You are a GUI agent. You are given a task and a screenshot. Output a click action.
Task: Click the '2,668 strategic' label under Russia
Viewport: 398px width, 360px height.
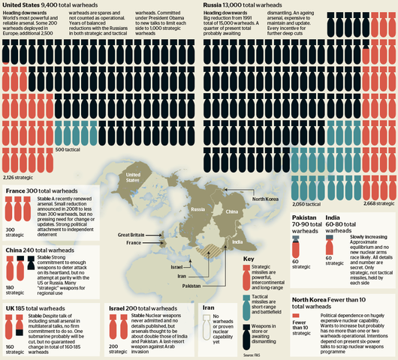(369, 203)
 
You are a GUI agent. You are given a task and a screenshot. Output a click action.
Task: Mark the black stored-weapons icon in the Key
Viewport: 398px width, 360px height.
(247, 333)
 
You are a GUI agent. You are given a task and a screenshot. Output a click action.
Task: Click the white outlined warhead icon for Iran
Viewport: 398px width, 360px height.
(206, 325)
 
